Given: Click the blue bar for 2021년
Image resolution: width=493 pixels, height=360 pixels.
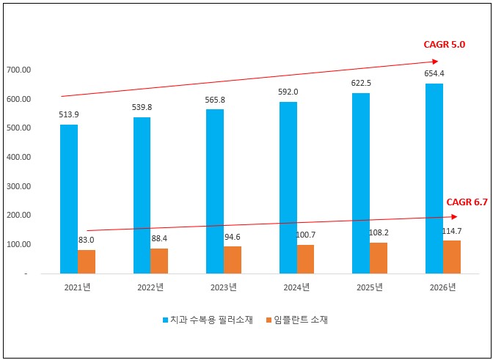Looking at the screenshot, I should click(69, 199).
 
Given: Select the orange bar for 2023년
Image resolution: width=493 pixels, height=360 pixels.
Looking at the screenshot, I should click(233, 260).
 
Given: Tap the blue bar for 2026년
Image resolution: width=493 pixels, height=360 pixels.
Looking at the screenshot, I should click(434, 178).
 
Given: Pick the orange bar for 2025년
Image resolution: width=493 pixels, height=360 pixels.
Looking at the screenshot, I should click(379, 257).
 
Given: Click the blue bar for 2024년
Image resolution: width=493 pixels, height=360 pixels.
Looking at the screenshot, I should click(288, 187).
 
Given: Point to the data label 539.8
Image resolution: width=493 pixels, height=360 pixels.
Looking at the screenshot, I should click(142, 107).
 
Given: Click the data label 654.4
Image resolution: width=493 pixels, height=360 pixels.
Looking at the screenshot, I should click(434, 73).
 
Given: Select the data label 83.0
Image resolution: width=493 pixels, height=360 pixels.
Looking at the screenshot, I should click(87, 240).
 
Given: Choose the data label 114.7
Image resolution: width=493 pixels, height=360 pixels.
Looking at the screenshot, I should click(451, 230).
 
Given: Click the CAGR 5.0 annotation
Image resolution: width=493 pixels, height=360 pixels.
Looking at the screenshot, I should click(445, 45).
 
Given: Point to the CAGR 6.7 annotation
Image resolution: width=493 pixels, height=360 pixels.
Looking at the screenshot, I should click(467, 202).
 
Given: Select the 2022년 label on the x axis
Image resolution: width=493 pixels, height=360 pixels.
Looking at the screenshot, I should click(151, 287).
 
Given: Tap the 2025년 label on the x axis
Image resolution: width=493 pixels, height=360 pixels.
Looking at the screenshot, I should click(369, 287).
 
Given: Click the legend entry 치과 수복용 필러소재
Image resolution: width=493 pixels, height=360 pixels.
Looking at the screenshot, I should click(208, 320).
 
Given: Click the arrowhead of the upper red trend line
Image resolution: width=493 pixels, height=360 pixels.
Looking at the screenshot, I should click(435, 61).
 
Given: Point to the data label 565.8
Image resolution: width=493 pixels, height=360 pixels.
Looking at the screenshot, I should click(215, 100).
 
